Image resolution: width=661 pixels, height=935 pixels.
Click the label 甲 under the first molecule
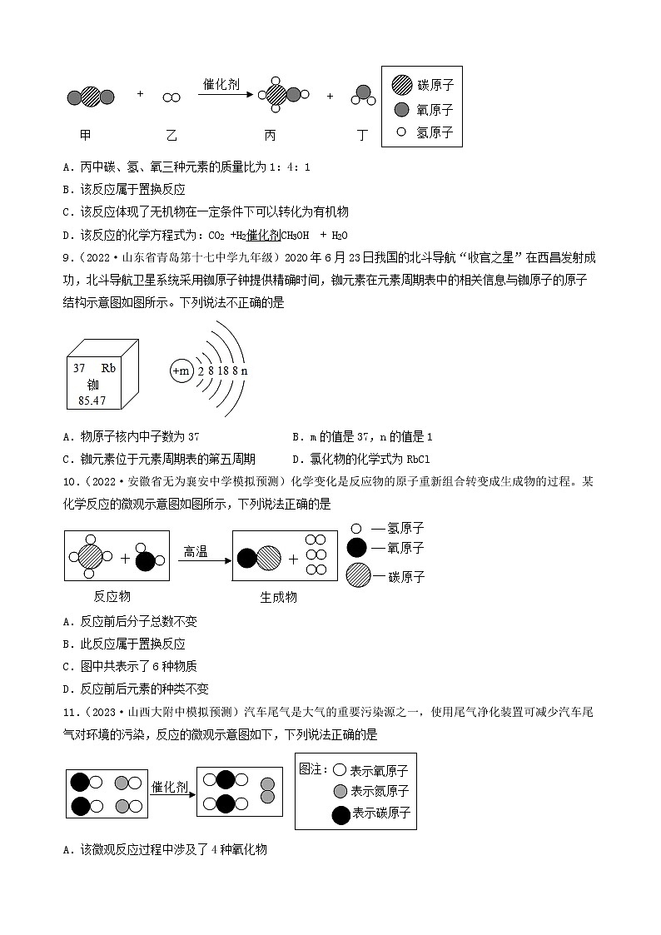coord(86,135)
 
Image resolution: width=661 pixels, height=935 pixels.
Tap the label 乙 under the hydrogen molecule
coord(171,135)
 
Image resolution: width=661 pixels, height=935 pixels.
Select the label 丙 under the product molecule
coord(270,135)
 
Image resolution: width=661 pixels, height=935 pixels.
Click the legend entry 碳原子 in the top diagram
coord(435,85)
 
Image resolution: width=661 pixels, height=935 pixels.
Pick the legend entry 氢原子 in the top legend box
coord(435,132)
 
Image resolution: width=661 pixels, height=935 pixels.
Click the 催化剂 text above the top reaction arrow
coord(222,84)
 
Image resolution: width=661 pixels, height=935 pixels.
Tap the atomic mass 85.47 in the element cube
coord(90,400)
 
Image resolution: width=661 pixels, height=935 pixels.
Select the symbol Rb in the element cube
coord(108,368)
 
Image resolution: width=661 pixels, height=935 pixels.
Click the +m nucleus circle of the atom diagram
coord(181,371)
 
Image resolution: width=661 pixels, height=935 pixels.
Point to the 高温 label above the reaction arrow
coord(196,551)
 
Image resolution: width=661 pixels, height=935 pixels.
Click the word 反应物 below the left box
coord(112,596)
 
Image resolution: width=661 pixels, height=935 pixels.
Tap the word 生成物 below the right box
coord(278,597)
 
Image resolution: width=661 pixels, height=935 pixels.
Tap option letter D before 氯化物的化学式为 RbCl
coord(296,460)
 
